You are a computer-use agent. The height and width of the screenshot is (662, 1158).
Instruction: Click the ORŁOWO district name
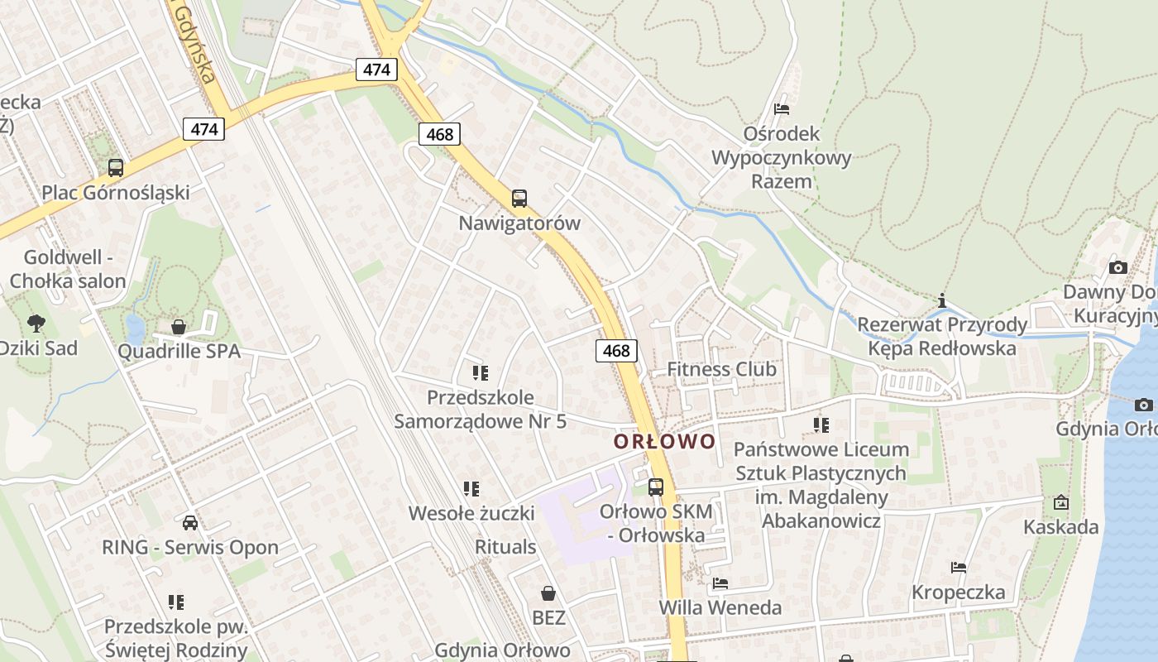[664, 441]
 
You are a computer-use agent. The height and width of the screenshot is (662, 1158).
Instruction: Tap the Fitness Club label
[722, 369]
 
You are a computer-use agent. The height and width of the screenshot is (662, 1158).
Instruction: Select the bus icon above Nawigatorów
[519, 199]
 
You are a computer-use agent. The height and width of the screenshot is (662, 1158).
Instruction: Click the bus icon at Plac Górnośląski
[116, 168]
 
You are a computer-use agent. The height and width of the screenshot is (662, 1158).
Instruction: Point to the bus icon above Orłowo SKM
[656, 487]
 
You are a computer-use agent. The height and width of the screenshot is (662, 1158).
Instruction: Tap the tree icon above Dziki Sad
[36, 323]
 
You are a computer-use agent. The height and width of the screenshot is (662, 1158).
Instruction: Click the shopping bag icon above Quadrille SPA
[178, 327]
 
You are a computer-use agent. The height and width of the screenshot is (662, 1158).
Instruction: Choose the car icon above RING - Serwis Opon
[190, 522]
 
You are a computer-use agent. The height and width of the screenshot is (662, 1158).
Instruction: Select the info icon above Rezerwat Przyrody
[941, 300]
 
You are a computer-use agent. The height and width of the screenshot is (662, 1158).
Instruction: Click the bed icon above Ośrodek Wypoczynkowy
[781, 109]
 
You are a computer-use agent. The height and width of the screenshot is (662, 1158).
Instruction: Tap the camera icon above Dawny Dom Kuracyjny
[1118, 267]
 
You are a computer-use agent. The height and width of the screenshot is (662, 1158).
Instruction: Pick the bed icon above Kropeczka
[959, 568]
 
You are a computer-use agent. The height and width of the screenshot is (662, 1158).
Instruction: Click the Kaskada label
[1061, 527]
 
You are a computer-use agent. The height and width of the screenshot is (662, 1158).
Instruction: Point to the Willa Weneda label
[720, 608]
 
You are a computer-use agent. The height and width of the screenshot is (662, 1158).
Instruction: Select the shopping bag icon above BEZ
[548, 593]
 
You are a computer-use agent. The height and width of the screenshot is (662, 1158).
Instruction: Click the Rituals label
[505, 547]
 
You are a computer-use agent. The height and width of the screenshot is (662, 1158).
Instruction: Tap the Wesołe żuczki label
[471, 513]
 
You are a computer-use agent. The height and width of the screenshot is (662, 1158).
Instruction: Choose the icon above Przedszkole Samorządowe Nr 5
[480, 373]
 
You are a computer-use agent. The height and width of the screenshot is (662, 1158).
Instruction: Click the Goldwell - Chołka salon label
[68, 269]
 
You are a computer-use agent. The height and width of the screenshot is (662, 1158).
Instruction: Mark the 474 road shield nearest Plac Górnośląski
[203, 129]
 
